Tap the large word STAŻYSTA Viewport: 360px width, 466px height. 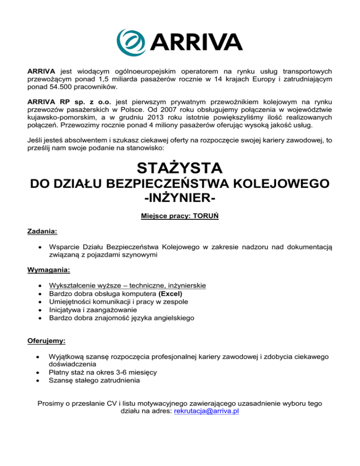pos(180,168)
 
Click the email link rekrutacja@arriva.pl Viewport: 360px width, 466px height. pos(206,411)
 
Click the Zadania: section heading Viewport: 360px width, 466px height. pos(42,231)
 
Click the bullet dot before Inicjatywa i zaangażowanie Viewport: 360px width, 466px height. pos(39,310)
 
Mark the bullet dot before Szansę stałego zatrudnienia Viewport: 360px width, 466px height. pos(39,380)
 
